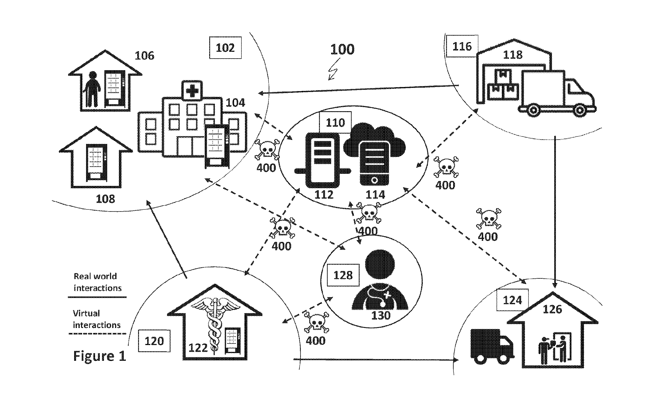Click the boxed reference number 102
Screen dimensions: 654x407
point(225,48)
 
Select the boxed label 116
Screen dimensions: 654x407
point(462,46)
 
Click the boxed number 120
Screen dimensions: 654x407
point(154,341)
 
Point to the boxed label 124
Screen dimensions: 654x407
point(512,300)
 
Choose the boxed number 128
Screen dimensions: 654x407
point(343,275)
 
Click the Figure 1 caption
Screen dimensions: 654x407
point(100,356)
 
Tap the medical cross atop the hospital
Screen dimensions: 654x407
point(192,90)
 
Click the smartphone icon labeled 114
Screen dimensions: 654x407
point(374,164)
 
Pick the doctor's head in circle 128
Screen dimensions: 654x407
point(380,264)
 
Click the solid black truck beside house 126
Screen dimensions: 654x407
point(491,346)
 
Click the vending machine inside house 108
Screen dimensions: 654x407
point(96,163)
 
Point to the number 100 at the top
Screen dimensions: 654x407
point(342,49)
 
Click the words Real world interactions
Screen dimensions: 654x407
point(97,282)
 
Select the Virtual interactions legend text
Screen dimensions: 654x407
point(96,319)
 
